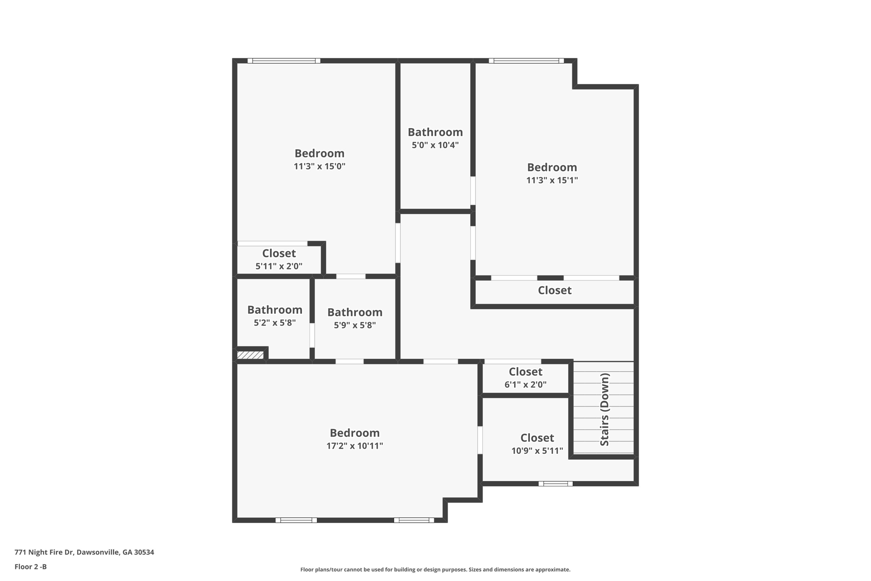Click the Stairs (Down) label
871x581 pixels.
604,409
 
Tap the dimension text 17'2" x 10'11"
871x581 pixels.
355,446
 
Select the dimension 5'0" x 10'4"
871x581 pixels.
435,145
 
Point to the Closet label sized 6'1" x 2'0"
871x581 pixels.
525,372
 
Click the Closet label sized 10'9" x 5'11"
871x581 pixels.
537,438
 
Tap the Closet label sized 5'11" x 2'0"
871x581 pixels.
279,253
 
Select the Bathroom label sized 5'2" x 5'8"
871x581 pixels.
275,309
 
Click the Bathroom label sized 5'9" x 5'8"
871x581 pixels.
355,312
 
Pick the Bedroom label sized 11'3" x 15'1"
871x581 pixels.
552,167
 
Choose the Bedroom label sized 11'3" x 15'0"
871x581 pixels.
319,153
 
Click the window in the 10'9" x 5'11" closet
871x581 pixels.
555,484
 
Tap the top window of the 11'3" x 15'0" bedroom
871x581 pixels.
284,61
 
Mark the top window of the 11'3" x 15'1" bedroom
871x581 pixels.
526,61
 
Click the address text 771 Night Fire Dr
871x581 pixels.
84,552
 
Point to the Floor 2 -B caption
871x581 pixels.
31,567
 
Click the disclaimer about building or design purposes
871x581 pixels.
435,570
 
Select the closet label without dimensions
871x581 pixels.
555,290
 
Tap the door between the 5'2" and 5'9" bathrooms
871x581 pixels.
312,335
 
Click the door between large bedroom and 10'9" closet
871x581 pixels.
480,440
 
